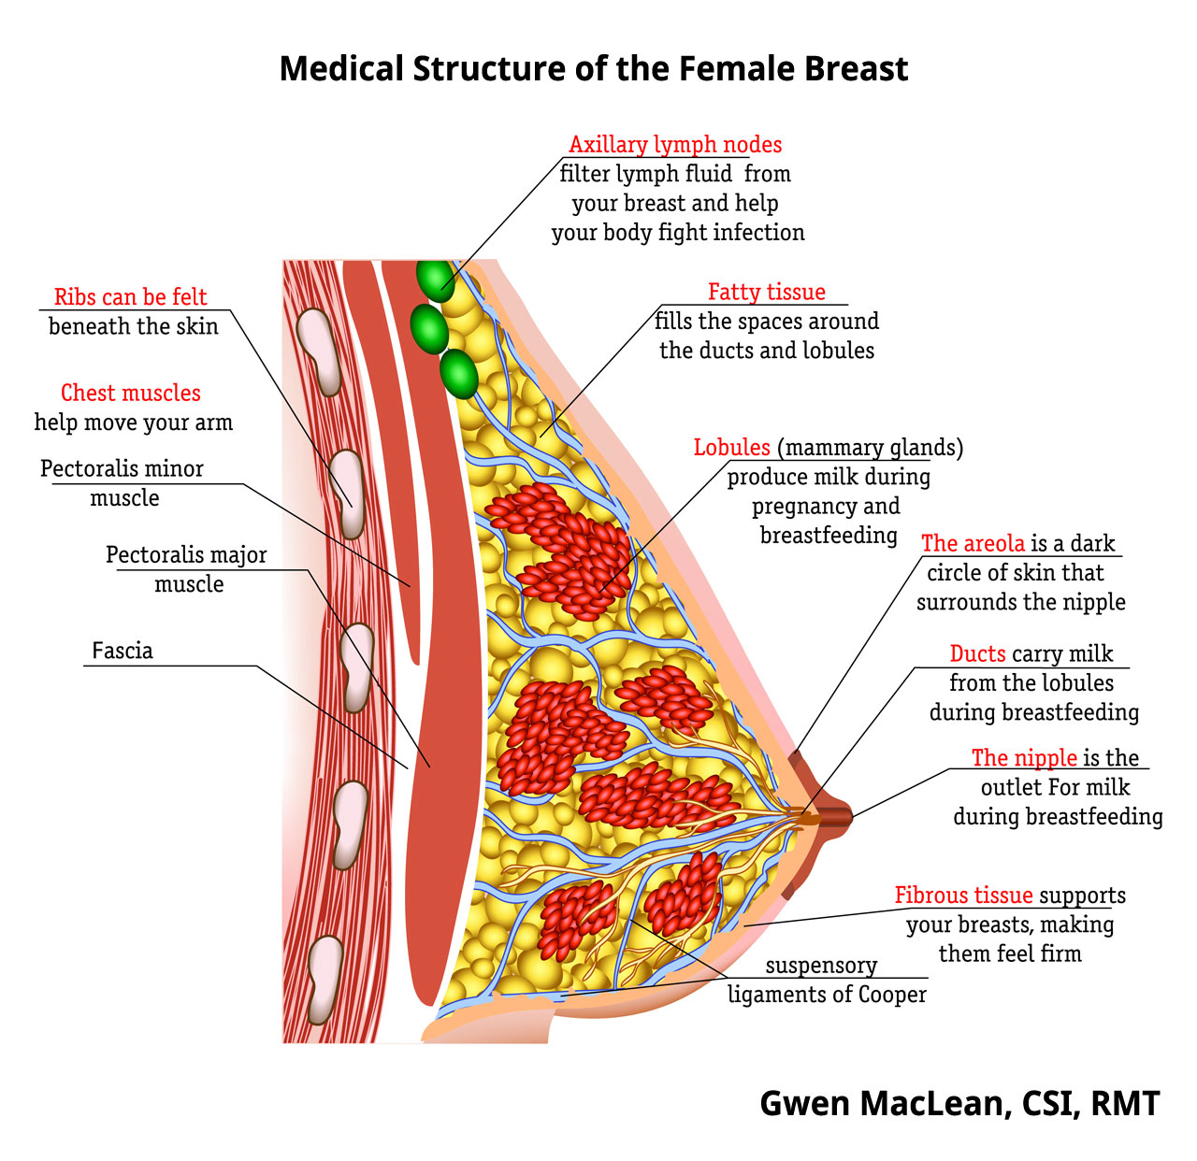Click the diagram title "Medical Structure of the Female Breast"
pyautogui.click(x=594, y=69)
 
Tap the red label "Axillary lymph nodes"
pyautogui.click(x=675, y=145)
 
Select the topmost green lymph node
pyautogui.click(x=435, y=279)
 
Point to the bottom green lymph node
pyautogui.click(x=459, y=374)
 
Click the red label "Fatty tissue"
pyautogui.click(x=767, y=293)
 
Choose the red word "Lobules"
pyautogui.click(x=731, y=448)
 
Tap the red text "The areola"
pyautogui.click(x=973, y=544)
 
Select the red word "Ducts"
pyautogui.click(x=977, y=654)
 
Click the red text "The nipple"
pyautogui.click(x=1024, y=758)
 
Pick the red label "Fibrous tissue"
pyautogui.click(x=963, y=896)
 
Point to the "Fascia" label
pyautogui.click(x=123, y=651)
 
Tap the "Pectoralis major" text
pyautogui.click(x=186, y=555)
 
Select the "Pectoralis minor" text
pyautogui.click(x=122, y=468)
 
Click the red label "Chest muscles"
pyautogui.click(x=131, y=394)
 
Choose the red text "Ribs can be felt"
pyautogui.click(x=130, y=297)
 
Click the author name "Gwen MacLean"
pyautogui.click(x=884, y=1104)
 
